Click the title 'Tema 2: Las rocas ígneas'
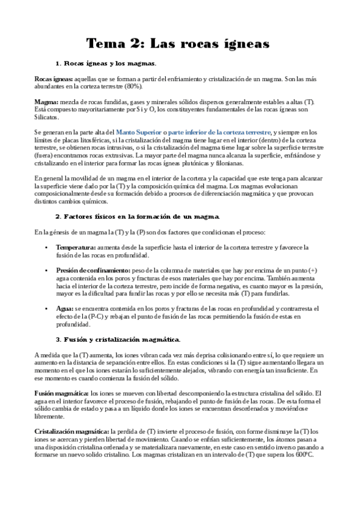pyautogui.click(x=178, y=43)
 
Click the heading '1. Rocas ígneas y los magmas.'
pyautogui.click(x=106, y=63)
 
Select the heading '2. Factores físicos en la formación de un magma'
pyautogui.click(x=138, y=216)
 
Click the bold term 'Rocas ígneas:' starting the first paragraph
pyautogui.click(x=54, y=79)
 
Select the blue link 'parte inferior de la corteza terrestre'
pyautogui.click(x=220, y=132)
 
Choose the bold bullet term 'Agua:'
pyautogui.click(x=65, y=309)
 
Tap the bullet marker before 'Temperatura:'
pyautogui.click(x=47, y=247)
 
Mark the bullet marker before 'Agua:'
pyautogui.click(x=47, y=309)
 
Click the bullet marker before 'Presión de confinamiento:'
pyautogui.click(x=47, y=271)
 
